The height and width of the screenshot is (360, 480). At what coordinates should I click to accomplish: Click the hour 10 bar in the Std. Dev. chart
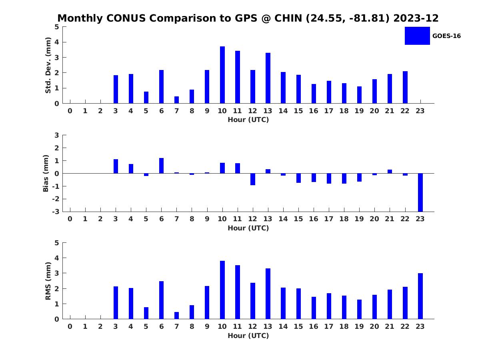222,75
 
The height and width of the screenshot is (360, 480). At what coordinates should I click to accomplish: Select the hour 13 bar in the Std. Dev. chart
268,78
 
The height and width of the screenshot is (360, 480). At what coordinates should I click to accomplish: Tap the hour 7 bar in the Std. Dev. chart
176,100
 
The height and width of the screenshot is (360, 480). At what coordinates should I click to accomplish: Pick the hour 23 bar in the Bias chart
420,192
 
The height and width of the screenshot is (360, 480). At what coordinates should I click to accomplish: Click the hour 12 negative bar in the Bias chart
253,179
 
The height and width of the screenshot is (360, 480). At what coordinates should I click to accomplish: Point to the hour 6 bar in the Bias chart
161,166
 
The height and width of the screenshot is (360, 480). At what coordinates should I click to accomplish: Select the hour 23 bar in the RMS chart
420,296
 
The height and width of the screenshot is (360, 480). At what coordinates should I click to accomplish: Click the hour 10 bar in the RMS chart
222,290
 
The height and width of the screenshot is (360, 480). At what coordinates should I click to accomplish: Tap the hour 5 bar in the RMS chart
146,313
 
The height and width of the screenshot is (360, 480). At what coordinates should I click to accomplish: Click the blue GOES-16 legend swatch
417,36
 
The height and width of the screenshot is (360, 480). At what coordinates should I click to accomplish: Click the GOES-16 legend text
446,36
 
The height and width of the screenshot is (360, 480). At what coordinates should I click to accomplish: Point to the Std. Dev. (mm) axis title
48,65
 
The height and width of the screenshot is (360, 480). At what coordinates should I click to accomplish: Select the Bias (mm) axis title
46,173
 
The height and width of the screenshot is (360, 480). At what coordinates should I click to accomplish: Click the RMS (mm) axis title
48,281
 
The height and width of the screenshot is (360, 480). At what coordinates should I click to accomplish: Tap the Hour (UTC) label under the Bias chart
248,228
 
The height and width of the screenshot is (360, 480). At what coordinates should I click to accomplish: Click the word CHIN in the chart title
288,18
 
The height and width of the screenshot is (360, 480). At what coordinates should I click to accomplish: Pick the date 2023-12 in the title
416,18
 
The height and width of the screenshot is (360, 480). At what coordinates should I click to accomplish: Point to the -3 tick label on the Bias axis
56,212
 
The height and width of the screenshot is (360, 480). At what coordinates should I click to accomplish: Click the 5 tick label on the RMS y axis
57,243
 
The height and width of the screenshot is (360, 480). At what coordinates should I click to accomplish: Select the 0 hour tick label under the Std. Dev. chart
70,111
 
